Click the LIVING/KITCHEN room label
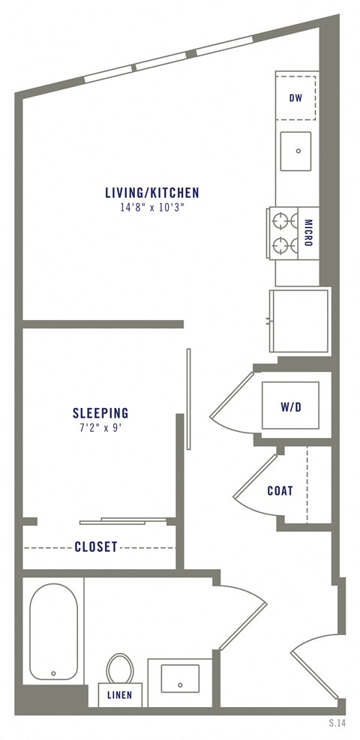tap(152, 193)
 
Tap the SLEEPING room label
tap(100, 412)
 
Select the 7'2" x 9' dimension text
tap(100, 427)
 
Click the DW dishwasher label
tap(296, 97)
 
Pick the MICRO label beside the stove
tap(308, 233)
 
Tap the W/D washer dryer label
tap(290, 408)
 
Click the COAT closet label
tap(280, 491)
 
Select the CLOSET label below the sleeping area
tap(96, 547)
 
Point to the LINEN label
tap(120, 695)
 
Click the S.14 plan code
tap(337, 724)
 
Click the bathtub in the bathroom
tap(53, 630)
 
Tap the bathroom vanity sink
tap(180, 679)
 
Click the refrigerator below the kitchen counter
tap(299, 319)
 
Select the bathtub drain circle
tap(53, 673)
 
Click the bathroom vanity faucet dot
tap(180, 685)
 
